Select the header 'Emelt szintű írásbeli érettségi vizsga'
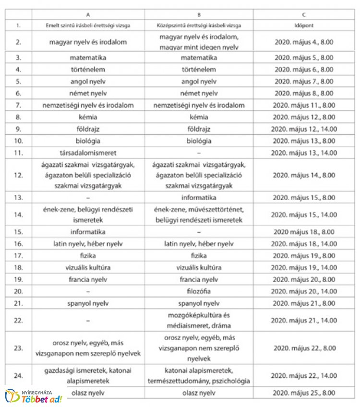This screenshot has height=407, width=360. point(88,24)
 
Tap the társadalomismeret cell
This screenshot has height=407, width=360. point(88,153)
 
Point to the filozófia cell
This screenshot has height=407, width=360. point(199,291)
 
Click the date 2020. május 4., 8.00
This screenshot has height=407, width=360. point(304,42)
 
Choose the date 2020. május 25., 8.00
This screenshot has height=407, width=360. point(304,394)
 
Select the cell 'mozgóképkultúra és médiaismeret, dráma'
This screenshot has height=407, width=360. point(199,321)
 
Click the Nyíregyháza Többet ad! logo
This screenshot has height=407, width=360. point(34,396)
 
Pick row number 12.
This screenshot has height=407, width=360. point(18,175)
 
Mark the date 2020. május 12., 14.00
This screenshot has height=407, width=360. point(304,129)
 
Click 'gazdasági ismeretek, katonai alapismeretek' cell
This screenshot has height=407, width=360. point(88,375)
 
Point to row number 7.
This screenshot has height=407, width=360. point(18,105)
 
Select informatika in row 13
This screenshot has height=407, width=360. point(199,197)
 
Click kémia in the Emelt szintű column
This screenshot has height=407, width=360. point(88,117)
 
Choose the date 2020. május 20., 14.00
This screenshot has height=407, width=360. point(304,291)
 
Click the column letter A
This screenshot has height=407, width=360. point(88,14)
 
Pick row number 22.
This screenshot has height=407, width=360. point(18,321)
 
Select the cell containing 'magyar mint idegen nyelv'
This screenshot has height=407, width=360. point(199,42)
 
